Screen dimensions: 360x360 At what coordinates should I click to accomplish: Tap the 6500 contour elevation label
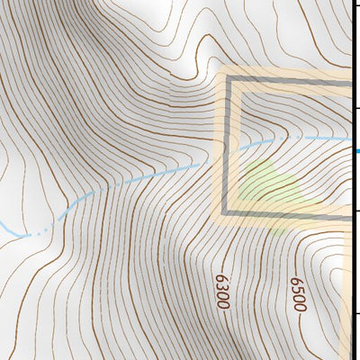point(298,294)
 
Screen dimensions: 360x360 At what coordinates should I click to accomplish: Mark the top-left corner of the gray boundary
point(227,79)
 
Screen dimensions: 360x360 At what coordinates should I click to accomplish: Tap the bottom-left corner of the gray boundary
point(227,214)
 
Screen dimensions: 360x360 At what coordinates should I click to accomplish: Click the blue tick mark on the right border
point(357,150)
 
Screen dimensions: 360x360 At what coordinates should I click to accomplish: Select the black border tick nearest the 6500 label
point(356,312)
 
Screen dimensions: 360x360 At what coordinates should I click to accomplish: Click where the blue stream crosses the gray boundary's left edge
point(227,150)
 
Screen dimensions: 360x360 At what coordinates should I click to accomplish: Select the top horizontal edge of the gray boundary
point(288,79)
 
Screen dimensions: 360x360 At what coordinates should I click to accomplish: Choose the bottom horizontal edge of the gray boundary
point(288,214)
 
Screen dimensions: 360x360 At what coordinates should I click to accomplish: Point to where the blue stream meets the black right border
point(352,139)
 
